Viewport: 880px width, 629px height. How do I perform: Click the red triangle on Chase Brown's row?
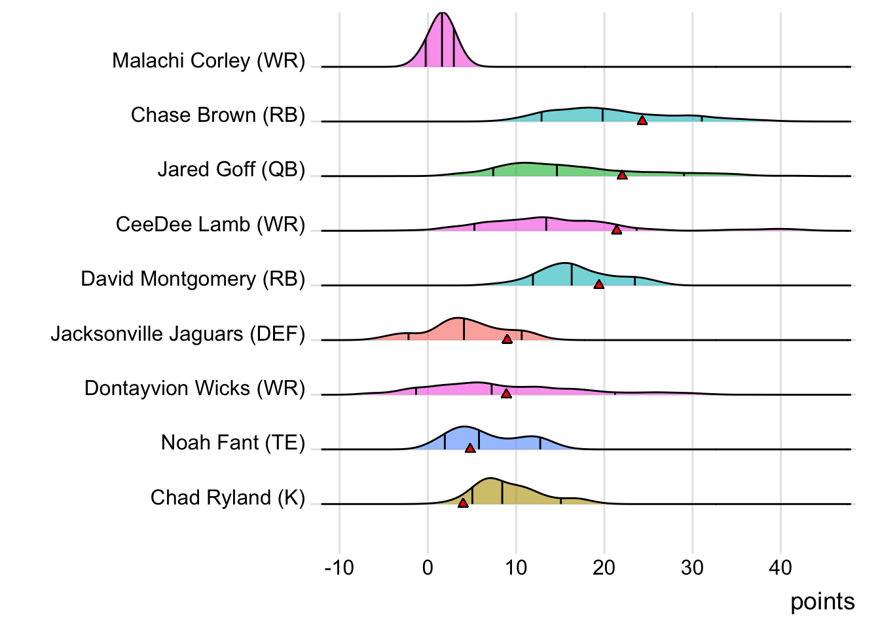(x=642, y=121)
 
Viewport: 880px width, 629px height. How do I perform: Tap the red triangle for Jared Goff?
(x=622, y=175)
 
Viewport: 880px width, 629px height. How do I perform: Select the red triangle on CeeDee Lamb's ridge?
(x=616, y=230)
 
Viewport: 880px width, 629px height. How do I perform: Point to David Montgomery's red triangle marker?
(x=598, y=284)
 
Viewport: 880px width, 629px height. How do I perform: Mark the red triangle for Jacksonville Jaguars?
(x=507, y=339)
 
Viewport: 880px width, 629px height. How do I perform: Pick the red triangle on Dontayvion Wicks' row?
(x=506, y=394)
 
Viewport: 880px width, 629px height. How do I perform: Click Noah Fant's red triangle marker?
(x=470, y=448)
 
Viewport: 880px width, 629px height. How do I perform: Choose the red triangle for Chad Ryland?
(x=463, y=503)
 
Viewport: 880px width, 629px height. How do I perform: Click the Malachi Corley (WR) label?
(x=209, y=61)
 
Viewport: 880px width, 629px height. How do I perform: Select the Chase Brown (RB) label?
(x=218, y=115)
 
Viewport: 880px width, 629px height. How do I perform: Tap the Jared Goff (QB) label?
(x=231, y=170)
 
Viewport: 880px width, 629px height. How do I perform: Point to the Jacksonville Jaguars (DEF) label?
(x=178, y=334)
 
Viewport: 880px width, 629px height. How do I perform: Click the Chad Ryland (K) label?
(x=228, y=498)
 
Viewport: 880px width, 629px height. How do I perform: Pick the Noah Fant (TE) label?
(x=233, y=443)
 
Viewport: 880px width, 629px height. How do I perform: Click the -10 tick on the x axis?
(x=339, y=567)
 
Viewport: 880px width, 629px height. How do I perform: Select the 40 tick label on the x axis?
(x=780, y=567)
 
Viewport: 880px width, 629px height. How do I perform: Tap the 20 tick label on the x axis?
(x=604, y=567)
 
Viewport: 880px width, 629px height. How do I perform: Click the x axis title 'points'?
(x=822, y=601)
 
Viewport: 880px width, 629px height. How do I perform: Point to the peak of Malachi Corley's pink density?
(x=443, y=14)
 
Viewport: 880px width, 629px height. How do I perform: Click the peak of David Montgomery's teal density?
(x=565, y=263)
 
